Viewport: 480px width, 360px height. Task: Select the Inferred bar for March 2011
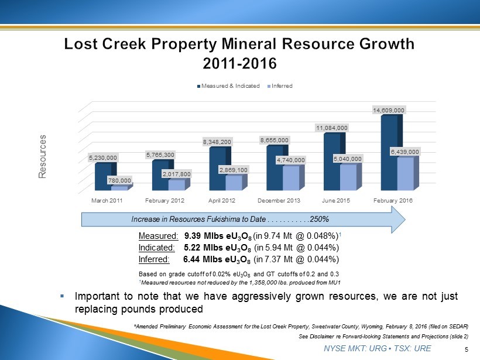119,188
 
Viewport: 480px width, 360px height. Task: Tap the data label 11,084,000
332,127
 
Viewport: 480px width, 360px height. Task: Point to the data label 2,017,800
176,174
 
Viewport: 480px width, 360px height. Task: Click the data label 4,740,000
291,160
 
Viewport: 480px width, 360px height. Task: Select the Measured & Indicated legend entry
229,86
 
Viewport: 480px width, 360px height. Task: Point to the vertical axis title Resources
42,156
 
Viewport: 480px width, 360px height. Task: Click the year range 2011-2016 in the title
239,61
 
